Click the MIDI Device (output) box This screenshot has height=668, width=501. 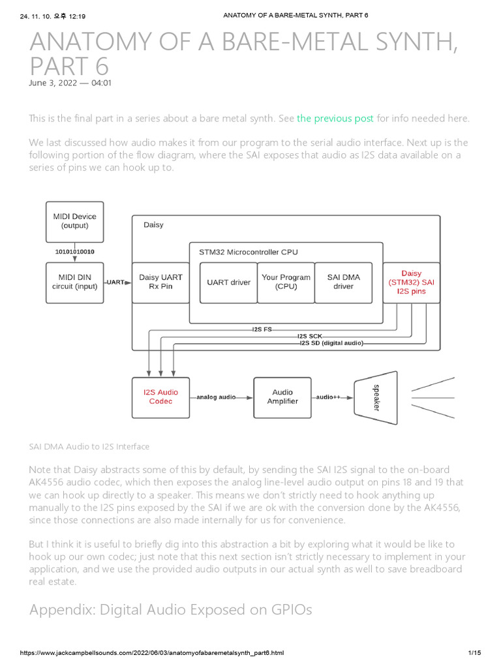tap(74, 220)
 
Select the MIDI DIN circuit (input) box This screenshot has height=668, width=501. tap(74, 282)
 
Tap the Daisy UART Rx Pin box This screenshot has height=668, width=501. tap(160, 282)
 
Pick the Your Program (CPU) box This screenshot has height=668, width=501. tap(285, 282)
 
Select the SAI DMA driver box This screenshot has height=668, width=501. tap(343, 282)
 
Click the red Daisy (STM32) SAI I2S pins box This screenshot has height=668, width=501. tap(411, 282)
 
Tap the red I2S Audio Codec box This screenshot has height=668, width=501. tap(160, 397)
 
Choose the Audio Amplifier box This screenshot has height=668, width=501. tap(283, 397)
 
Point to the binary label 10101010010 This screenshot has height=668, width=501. tap(74, 251)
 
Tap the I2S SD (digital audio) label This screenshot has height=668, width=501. tap(331, 343)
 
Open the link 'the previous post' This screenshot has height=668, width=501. tap(335, 118)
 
